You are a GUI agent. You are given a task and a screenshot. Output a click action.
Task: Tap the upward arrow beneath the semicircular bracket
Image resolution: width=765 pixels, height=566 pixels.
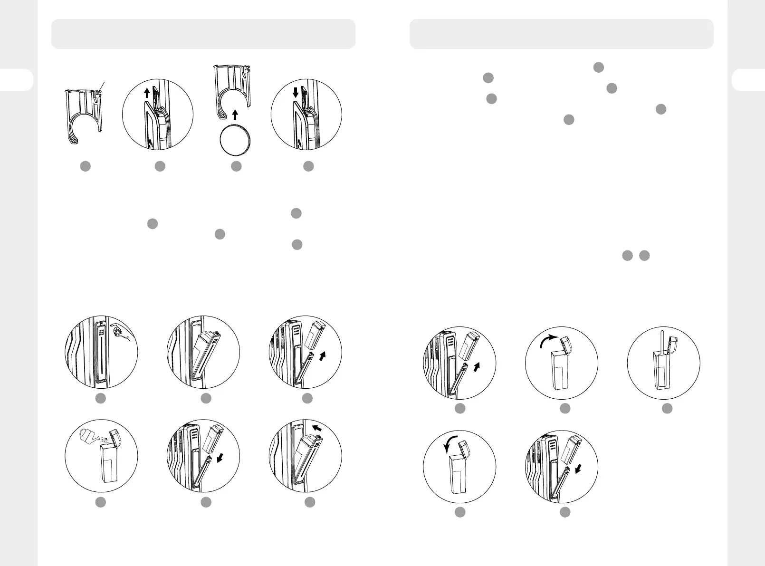coord(235,114)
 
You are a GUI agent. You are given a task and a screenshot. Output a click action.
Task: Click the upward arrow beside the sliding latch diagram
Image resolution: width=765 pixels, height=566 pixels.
coord(147,93)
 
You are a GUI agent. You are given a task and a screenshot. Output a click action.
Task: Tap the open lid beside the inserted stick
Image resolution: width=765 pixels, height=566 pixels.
coord(674,345)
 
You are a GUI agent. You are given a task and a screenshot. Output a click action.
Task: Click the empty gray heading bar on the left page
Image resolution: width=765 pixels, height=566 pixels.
coord(203,34)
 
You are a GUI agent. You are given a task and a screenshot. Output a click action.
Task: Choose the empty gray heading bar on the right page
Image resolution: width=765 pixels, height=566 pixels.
coord(562,34)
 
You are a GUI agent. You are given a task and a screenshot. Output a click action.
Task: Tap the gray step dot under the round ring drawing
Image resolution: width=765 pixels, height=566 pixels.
coord(236,166)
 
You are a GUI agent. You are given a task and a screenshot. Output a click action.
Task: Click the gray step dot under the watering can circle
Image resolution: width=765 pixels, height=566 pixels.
coord(100,502)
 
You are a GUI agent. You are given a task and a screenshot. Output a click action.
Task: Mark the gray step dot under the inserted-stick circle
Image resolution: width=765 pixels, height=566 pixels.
coord(668,408)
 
